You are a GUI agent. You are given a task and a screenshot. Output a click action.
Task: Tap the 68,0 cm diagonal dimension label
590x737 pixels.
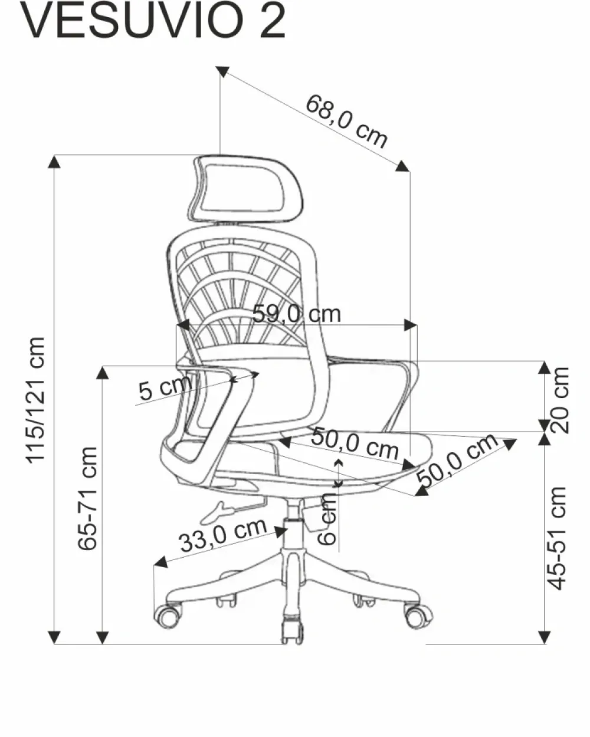coord(346,121)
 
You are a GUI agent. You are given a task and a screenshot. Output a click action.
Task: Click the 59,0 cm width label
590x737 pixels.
coord(297,314)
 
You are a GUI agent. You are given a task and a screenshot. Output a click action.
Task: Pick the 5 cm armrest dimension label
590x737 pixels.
coord(165,389)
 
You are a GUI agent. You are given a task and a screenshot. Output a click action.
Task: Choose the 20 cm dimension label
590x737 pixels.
coord(559,400)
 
